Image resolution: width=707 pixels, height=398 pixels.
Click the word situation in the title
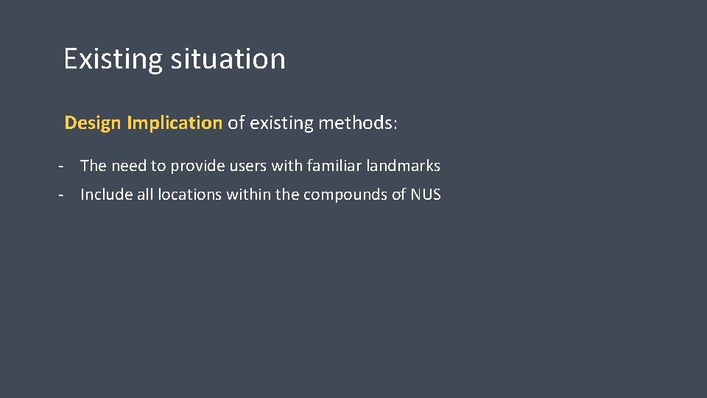pos(228,59)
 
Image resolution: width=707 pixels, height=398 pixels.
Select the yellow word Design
pos(93,123)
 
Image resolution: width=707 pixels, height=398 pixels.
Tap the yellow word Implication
pos(175,123)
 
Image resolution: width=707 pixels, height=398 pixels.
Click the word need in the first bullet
pos(129,166)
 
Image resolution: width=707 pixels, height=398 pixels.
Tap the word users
pos(248,166)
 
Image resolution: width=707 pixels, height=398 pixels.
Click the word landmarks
pos(403,166)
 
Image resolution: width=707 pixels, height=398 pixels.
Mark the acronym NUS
pos(426,195)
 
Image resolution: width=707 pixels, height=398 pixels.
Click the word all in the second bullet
pos(147,195)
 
